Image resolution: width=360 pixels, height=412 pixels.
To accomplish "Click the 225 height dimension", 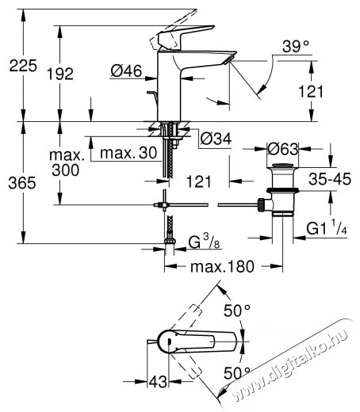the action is coord(23,66).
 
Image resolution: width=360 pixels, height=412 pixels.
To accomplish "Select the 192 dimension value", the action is coord(60,74).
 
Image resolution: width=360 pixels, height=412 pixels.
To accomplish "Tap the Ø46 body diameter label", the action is coord(126,71).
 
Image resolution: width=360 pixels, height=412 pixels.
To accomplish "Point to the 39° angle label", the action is coord(296,47).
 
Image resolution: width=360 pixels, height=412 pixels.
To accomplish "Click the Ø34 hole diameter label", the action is coord(216,139).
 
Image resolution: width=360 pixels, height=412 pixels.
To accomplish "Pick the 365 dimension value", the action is coord(22,183).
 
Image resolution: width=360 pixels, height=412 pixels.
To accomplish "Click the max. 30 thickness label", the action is coord(128,153).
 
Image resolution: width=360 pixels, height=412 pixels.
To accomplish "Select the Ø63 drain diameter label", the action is coord(282,149).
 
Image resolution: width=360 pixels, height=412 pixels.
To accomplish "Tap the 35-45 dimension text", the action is coord(330,179).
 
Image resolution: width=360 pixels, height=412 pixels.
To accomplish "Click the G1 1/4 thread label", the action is coord(327,227).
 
